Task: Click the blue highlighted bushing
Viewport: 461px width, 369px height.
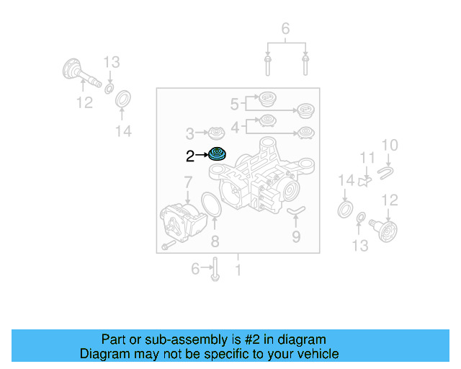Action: (217, 154)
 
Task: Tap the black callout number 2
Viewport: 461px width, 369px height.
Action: (189, 155)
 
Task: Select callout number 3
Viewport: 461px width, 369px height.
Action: (190, 133)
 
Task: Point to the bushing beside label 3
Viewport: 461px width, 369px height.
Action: (216, 133)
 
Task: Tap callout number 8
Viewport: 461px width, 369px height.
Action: (214, 241)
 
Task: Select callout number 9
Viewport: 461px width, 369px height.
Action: (296, 236)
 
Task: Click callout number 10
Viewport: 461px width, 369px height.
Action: (389, 146)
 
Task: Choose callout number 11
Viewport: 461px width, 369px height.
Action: (367, 158)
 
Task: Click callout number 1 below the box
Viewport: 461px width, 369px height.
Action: (238, 271)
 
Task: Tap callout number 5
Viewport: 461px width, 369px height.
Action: (234, 105)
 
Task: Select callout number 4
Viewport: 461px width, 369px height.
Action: (234, 127)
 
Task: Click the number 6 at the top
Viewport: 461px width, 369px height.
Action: (285, 30)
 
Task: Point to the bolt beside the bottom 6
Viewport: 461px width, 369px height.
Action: (215, 270)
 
